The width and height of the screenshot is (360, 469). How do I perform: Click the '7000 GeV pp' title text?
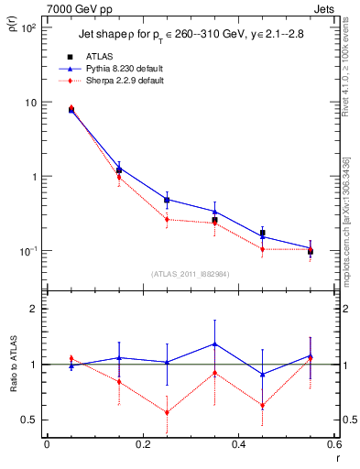point(76,8)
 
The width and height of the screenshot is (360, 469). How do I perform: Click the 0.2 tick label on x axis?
point(142,445)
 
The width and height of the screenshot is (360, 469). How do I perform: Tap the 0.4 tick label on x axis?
point(238,445)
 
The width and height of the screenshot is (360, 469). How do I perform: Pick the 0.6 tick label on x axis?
point(333,445)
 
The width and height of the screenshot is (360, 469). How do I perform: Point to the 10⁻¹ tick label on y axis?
point(29,251)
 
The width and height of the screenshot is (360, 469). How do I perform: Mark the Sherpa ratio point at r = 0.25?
point(167,412)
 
